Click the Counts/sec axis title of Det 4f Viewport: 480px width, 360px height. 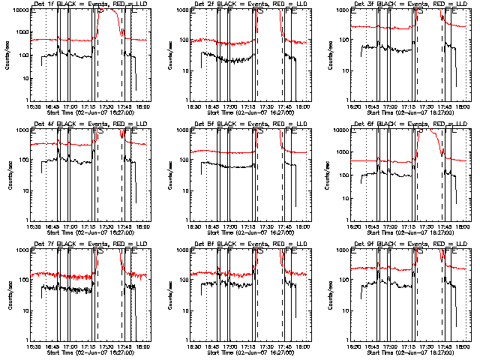click(7, 175)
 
